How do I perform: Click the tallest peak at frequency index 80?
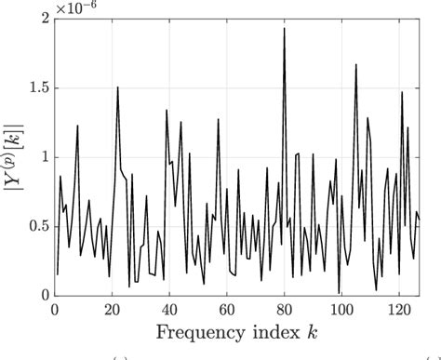point(284,29)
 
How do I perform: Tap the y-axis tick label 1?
point(42,158)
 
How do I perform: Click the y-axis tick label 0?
point(42,296)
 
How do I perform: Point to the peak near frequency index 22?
point(117,87)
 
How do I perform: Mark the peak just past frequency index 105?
point(355,65)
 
